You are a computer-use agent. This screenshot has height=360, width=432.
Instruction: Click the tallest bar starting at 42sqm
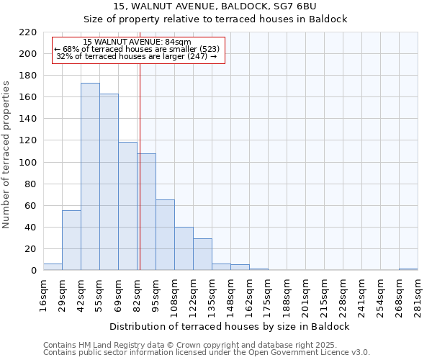90,176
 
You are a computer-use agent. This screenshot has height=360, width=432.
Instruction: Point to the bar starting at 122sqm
202,254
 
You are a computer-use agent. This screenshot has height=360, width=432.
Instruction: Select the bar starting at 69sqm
127,206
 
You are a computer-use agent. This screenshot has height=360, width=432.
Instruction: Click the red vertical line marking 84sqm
140,166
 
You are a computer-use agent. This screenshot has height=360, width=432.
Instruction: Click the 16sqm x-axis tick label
44,296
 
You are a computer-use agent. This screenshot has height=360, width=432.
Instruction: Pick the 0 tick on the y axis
33,271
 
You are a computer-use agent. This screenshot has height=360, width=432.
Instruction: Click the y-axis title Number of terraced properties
7,155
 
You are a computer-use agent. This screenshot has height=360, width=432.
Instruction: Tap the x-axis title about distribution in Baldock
230,326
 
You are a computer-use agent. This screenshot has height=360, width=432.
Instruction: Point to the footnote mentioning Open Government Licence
207,352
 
